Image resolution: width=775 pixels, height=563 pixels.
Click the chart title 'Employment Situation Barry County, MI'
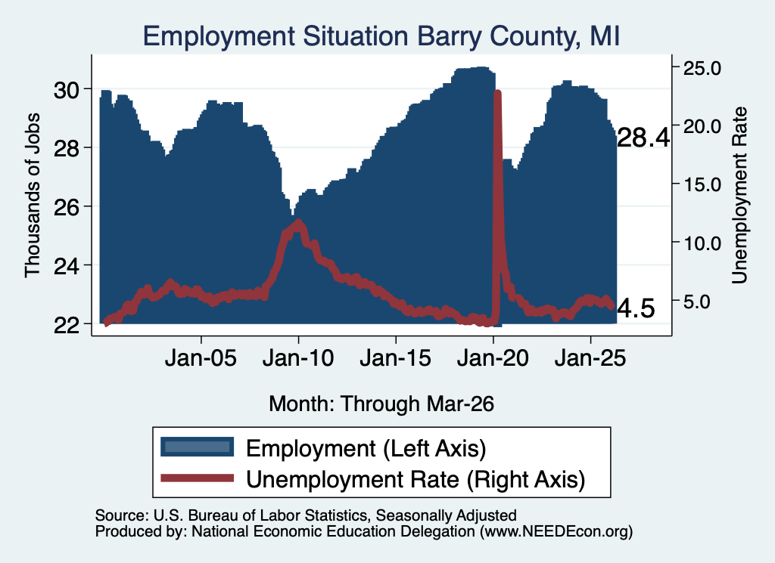381,37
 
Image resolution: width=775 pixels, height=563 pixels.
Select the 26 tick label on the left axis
67,208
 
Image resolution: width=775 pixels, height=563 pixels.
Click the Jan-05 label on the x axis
201,358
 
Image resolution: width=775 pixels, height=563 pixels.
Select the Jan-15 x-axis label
395,358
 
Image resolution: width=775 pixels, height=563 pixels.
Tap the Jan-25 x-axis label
590,358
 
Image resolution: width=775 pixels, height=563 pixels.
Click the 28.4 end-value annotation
643,138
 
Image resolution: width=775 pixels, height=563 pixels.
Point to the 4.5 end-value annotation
636,309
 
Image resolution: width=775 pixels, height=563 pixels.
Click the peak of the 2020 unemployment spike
498,93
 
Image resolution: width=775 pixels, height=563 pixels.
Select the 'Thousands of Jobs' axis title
32,195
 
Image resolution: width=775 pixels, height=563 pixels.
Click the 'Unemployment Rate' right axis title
739,195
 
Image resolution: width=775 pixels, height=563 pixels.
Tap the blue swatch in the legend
198,447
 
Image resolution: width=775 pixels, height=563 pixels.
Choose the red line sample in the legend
198,478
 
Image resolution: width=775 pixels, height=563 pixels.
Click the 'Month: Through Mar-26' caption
381,404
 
